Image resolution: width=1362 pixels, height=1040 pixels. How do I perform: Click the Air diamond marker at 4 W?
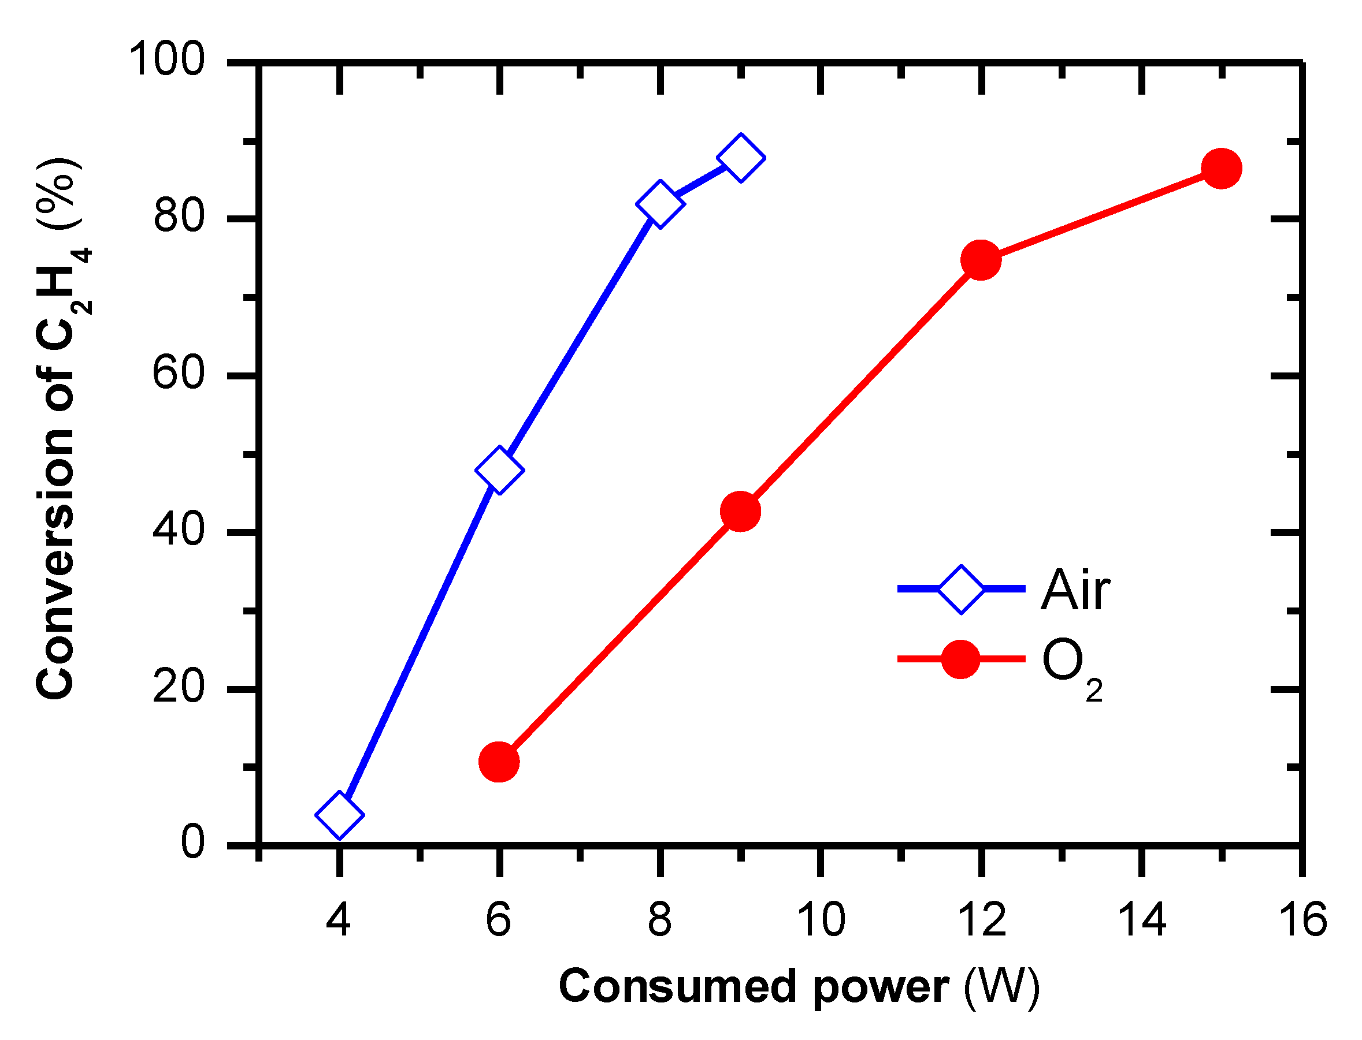[339, 815]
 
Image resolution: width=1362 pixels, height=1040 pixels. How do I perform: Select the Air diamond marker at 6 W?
[499, 470]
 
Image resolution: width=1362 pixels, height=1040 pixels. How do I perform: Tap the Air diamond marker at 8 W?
[660, 204]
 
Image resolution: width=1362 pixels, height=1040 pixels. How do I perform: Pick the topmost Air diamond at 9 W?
[741, 157]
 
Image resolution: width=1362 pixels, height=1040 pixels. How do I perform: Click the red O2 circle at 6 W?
[499, 762]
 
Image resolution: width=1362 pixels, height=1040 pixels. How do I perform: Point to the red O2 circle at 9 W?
[741, 510]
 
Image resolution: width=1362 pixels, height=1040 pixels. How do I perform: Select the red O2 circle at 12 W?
[981, 259]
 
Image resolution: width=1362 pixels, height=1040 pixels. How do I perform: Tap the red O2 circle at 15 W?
[1222, 169]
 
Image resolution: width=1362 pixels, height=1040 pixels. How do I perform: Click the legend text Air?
[1075, 590]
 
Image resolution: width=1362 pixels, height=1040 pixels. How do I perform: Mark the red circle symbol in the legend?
[960, 659]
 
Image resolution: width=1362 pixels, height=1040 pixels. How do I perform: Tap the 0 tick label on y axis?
[192, 843]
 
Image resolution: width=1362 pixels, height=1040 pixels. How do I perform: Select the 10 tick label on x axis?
[821, 919]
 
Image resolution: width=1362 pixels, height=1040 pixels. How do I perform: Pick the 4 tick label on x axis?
[338, 919]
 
